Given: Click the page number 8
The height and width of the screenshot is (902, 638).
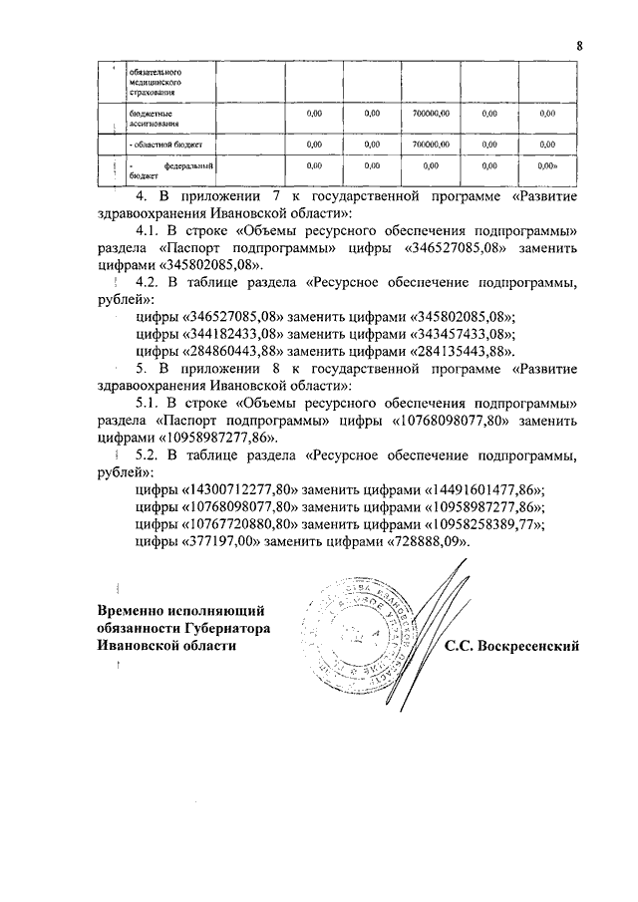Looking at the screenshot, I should (578, 43).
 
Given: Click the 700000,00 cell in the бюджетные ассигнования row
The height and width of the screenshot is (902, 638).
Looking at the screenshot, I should (432, 115).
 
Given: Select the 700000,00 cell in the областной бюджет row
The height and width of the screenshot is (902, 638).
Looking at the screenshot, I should (432, 144).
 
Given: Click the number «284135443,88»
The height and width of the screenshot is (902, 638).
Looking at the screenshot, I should (464, 352).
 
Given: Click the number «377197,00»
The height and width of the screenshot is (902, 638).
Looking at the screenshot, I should (220, 541).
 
